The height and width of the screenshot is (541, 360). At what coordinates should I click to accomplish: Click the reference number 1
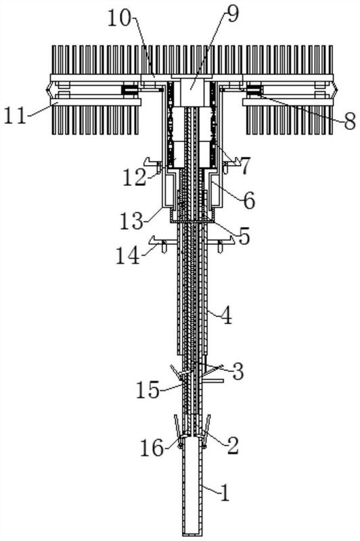(x=225, y=493)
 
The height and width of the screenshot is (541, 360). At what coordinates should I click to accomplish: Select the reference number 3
(x=238, y=371)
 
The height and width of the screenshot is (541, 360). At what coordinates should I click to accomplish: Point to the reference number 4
(x=226, y=316)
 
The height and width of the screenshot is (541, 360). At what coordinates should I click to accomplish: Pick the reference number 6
(x=249, y=200)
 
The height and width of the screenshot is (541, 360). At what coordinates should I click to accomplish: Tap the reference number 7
(x=244, y=166)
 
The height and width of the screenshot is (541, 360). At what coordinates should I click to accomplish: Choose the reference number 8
(x=349, y=122)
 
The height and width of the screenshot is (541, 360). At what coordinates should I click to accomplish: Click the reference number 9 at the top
(x=233, y=14)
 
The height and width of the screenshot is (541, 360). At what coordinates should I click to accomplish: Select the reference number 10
(x=120, y=19)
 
